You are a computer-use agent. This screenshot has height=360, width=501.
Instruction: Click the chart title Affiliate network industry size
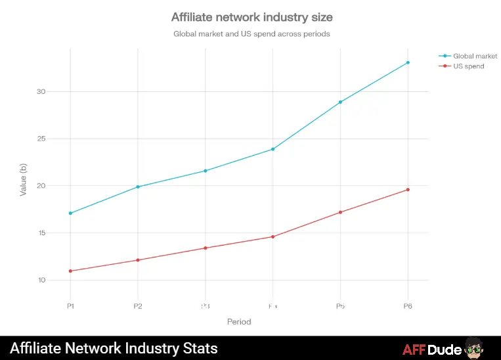(251, 16)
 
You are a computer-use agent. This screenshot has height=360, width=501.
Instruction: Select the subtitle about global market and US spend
(251, 34)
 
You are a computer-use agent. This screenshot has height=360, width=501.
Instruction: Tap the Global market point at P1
(70, 214)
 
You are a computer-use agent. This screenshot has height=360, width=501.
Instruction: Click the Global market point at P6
(408, 62)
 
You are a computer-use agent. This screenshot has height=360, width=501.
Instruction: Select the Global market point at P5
(340, 102)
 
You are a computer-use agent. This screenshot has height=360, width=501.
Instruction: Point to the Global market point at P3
(206, 171)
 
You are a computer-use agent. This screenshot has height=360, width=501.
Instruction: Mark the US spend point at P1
(70, 271)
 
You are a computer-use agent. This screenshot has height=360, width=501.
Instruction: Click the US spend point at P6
(408, 190)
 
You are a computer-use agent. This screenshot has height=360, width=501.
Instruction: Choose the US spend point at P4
(272, 236)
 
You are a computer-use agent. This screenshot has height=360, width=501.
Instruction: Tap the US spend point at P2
(138, 260)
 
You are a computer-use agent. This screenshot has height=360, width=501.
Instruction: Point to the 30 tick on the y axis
(41, 92)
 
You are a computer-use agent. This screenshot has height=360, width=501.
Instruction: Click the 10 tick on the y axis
(41, 281)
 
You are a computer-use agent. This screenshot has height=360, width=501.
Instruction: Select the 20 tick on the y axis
(41, 186)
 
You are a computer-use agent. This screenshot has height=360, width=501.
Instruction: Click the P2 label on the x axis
(138, 306)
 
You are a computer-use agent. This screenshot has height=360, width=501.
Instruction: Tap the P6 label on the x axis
(408, 306)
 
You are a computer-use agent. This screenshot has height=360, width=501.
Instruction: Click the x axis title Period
(239, 322)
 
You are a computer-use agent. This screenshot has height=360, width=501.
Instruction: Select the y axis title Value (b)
(24, 181)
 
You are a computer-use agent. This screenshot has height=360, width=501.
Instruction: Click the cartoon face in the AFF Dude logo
(477, 349)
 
